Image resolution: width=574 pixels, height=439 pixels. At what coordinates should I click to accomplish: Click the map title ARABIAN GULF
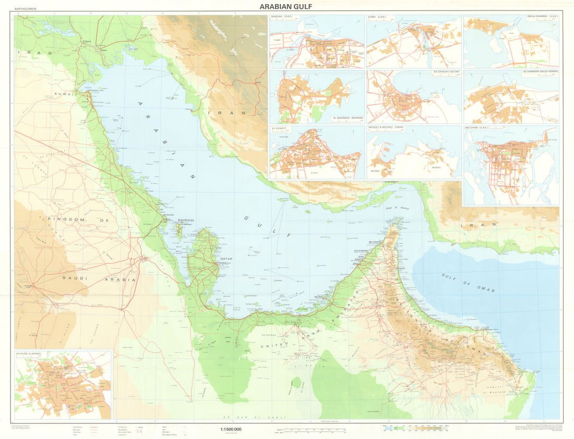tap(286, 7)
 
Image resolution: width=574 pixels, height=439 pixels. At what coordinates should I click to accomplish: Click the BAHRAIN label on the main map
tap(186, 221)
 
